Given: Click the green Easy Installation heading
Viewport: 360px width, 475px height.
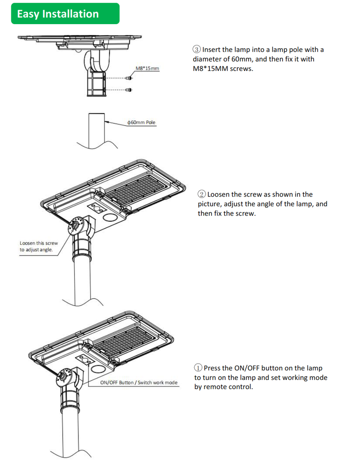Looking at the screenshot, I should coord(58,14).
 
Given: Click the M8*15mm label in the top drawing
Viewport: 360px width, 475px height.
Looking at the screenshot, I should coord(147,69).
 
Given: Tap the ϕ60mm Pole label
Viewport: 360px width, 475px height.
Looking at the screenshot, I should coord(141,122).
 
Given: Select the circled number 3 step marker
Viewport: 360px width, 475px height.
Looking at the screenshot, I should coord(197,50).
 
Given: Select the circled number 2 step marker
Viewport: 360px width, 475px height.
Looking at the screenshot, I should coord(202,194).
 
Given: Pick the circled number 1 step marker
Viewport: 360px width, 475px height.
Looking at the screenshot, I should coord(198,368).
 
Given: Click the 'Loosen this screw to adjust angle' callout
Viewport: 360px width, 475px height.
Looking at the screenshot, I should coord(39,246).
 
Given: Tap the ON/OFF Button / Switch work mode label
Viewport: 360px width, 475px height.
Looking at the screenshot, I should coord(139,383).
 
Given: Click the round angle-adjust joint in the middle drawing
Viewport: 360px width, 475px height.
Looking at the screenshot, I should coord(74,226).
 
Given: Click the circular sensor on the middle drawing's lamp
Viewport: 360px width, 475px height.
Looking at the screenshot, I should coord(109,218).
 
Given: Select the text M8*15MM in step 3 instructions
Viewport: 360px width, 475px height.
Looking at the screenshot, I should coord(210,69).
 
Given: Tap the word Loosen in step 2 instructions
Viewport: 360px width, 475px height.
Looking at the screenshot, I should coord(219,194).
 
